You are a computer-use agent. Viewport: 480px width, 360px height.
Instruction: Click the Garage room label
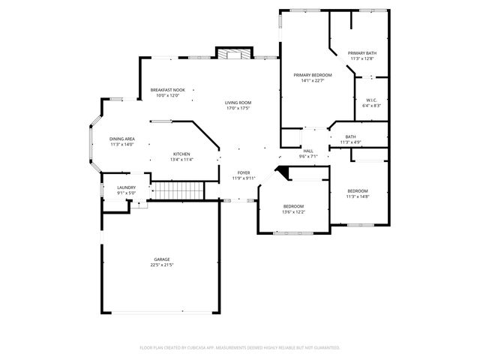162,259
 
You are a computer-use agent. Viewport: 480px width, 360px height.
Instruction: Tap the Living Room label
238,103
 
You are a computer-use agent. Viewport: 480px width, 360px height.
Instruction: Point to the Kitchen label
181,154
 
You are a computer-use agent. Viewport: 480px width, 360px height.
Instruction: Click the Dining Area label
121,139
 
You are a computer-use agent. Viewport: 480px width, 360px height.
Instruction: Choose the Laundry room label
126,187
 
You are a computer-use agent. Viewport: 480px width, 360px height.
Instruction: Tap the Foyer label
244,172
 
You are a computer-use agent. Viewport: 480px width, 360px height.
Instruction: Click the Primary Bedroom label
312,76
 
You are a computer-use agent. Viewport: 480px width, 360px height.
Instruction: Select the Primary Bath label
362,53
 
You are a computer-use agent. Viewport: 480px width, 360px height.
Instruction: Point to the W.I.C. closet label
372,100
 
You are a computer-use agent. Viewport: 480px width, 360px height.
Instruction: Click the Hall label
308,151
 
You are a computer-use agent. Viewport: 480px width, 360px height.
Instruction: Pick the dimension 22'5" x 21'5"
162,265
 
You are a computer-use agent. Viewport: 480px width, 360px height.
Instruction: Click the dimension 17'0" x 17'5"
238,109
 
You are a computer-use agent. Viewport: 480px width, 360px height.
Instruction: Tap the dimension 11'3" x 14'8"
358,196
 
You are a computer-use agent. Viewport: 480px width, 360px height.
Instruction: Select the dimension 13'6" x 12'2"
293,212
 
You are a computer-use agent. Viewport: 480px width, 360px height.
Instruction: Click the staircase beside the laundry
178,190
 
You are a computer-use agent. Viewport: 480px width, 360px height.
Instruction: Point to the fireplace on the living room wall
231,53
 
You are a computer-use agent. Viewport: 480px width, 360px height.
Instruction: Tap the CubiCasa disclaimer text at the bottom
240,348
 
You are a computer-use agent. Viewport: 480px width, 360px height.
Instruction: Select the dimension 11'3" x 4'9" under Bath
351,142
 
